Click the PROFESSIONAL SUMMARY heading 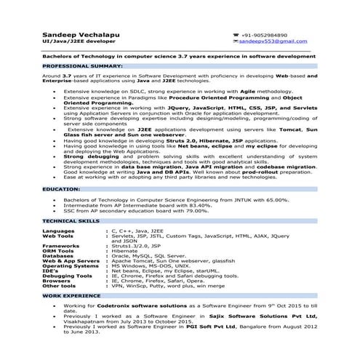[x=78, y=65]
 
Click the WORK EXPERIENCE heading [x=68, y=297]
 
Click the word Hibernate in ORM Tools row [x=125, y=250]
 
